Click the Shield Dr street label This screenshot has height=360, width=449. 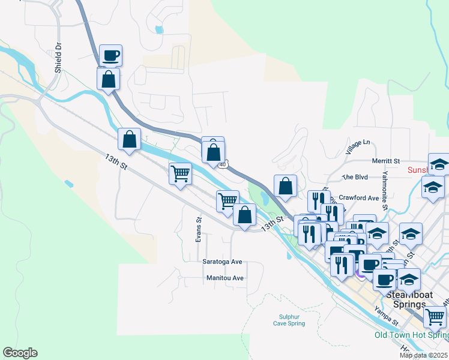click(58, 58)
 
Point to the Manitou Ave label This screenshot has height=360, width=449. click(224, 278)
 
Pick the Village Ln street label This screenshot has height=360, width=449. click(358, 146)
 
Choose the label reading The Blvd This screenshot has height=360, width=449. click(354, 178)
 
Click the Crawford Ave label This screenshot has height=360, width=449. click(359, 198)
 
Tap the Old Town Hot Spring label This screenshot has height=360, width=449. click(411, 335)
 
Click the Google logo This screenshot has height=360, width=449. click(20, 353)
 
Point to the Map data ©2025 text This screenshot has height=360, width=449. click(424, 355)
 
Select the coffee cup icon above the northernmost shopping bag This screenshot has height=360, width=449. click(111, 56)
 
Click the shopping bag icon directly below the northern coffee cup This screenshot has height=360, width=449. click(108, 79)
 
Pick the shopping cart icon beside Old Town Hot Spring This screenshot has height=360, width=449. click(435, 317)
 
